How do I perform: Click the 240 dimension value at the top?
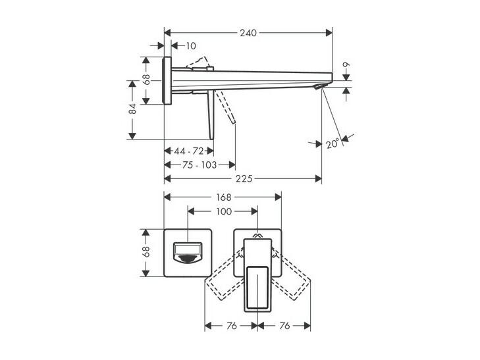click(x=248, y=33)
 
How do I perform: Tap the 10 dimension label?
click(x=191, y=46)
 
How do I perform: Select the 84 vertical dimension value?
click(x=132, y=109)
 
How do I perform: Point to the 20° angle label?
click(x=333, y=143)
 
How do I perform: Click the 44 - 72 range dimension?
click(x=189, y=151)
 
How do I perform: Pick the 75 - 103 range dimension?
click(x=200, y=165)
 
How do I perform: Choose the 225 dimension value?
click(x=244, y=178)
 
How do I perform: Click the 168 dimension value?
click(x=223, y=197)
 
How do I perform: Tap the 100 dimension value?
click(x=223, y=211)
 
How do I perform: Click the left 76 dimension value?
click(x=232, y=326)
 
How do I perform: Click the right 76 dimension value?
click(x=284, y=326)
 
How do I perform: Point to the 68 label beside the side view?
click(x=146, y=80)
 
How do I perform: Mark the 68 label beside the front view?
click(x=146, y=251)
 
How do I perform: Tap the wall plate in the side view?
click(x=167, y=81)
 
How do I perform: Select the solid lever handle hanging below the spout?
click(x=211, y=115)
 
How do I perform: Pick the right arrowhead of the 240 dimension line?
click(x=329, y=33)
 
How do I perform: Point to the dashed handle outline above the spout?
click(x=197, y=62)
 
